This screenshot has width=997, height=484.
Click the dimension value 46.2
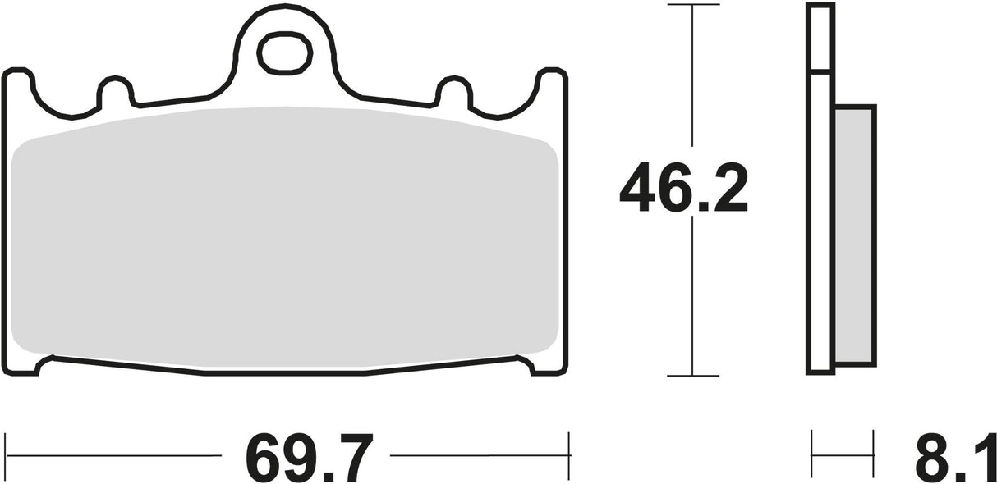pyautogui.click(x=683, y=189)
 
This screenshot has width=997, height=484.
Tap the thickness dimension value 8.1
pyautogui.click(x=952, y=458)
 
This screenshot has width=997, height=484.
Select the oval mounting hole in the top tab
pyautogui.click(x=285, y=54)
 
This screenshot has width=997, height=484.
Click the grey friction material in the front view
pyautogui.click(x=283, y=238)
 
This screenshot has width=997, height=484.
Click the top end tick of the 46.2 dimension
pyautogui.click(x=693, y=5)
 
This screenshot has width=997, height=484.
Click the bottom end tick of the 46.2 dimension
pyautogui.click(x=693, y=375)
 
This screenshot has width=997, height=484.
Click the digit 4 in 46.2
pyautogui.click(x=636, y=189)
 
